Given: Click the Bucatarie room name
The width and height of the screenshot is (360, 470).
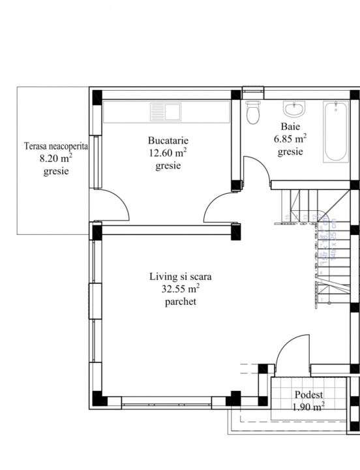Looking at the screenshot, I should tap(168, 140).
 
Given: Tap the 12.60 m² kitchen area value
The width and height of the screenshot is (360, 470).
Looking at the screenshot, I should tap(168, 153).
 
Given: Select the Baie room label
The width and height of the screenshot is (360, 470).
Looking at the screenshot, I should tap(290, 126).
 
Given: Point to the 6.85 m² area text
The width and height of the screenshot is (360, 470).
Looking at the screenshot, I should tap(290, 138).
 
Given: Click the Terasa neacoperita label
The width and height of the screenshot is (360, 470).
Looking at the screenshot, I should tap(55, 146).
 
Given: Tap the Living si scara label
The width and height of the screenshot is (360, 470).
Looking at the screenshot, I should tap(181, 276).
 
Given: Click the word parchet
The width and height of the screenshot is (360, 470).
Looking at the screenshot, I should tap(181, 302).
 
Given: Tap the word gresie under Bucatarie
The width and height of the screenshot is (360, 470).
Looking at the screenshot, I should tap(168, 166).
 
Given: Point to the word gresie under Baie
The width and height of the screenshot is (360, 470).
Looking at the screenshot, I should tap(290, 151).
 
